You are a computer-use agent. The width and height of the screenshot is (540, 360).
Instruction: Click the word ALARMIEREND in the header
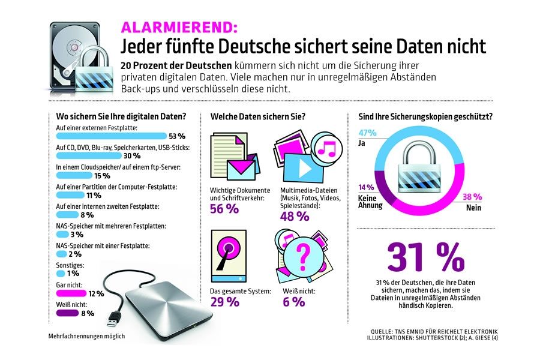pos(179,27)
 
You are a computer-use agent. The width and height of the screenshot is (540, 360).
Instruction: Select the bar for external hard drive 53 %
pos(112,136)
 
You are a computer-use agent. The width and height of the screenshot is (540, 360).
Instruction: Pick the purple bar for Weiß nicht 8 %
pos(67,313)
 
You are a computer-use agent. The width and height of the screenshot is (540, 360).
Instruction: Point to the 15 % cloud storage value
pos(102,176)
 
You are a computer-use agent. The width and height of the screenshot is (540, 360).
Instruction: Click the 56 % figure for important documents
pos(224,209)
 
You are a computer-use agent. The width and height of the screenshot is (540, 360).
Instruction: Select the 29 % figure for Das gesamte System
pos(224,302)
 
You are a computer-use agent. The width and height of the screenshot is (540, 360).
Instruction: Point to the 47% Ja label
pos(367,133)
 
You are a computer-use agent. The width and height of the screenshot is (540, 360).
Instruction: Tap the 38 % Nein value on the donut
pos(472,196)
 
